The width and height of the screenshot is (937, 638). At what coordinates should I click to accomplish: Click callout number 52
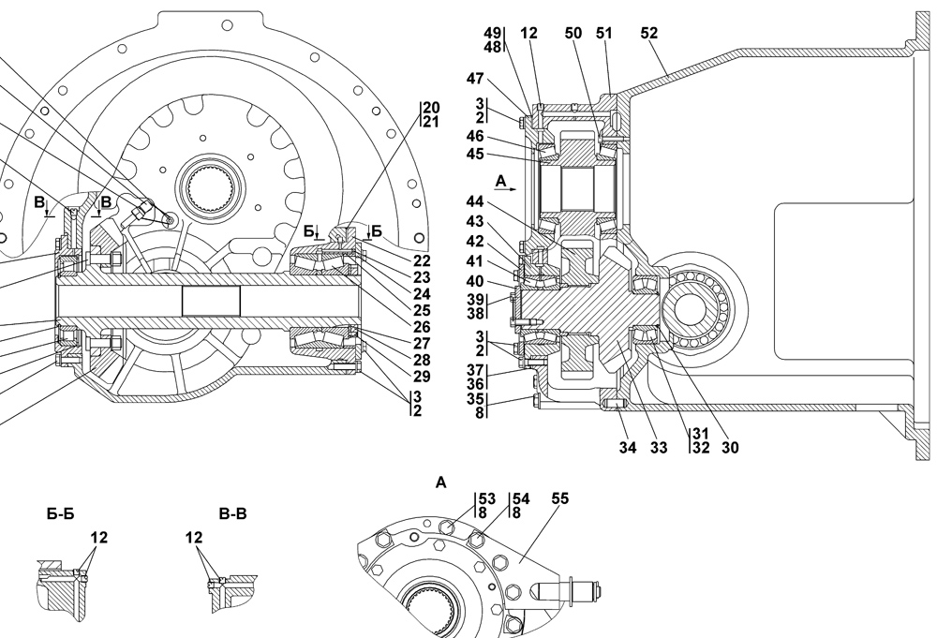[649, 34]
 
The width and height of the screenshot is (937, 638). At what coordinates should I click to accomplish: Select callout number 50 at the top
[573, 34]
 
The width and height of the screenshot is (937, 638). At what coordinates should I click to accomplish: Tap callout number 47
[475, 79]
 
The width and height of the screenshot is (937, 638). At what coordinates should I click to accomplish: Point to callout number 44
[475, 202]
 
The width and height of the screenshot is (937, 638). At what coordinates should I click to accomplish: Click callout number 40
[475, 281]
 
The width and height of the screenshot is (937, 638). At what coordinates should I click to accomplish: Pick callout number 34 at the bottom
[628, 448]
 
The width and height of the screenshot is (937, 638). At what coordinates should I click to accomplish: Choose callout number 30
[730, 448]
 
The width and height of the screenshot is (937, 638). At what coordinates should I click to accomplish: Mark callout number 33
[659, 448]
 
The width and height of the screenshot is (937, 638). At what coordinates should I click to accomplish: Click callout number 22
[422, 261]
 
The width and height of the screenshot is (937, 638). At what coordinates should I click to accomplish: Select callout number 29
[422, 377]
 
